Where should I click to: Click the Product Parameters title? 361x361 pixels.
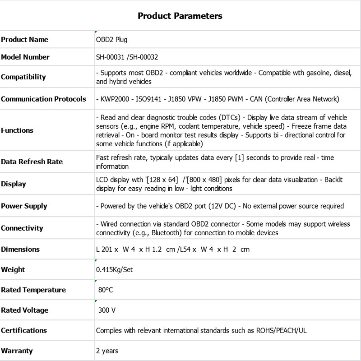click(180, 16)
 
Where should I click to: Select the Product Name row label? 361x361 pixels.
click(24, 40)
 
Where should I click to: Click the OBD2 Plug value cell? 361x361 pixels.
click(111, 40)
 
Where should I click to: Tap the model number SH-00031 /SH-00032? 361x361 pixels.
click(127, 57)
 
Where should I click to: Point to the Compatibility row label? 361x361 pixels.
click(23, 77)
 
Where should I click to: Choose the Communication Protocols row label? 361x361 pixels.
click(43, 99)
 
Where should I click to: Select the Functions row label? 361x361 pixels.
click(17, 130)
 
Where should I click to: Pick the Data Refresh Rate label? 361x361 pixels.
click(32, 162)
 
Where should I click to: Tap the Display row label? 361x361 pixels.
click(14, 184)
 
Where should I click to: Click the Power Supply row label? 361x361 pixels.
click(24, 206)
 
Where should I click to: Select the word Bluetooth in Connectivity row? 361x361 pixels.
click(167, 233)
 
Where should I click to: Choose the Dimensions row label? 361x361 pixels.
click(20, 250)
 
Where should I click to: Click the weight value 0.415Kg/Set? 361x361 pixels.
click(114, 270)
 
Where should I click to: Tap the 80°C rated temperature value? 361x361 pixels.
click(105, 290)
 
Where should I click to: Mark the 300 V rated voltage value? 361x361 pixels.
click(107, 310)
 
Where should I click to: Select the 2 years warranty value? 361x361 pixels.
click(107, 351)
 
